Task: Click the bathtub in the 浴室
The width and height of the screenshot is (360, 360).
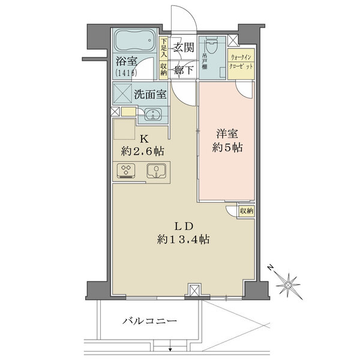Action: point(135,42)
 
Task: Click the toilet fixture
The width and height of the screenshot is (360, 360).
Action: point(212,47)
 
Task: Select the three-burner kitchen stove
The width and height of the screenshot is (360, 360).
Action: point(126,172)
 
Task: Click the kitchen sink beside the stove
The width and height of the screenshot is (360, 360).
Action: point(155,172)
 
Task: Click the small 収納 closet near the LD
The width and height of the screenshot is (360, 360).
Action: point(246,211)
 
